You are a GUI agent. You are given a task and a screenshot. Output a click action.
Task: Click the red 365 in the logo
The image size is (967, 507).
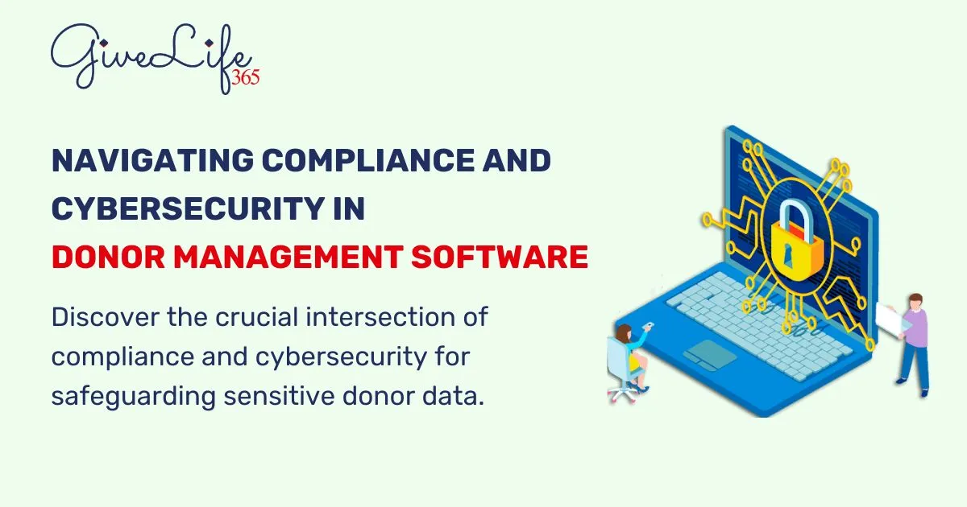(x=244, y=77)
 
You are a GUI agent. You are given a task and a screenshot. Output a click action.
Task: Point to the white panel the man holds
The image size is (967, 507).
(x=890, y=320)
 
